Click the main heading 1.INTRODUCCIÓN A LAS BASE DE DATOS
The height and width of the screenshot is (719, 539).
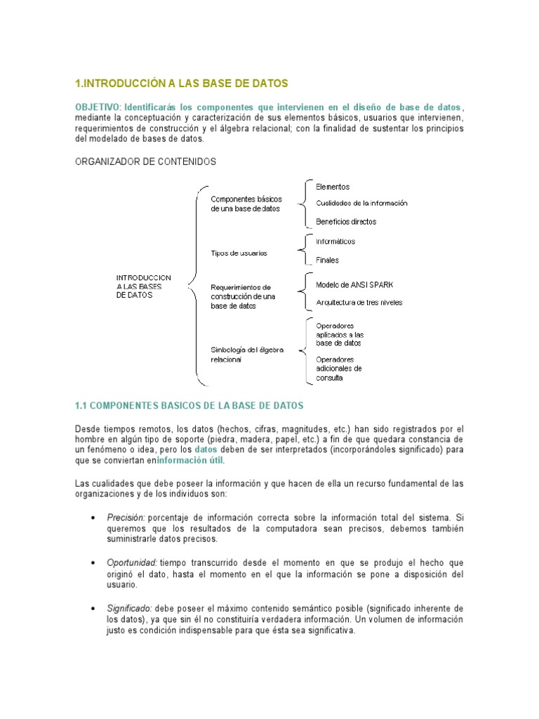(x=181, y=84)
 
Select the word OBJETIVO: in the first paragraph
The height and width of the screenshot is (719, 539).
(x=98, y=107)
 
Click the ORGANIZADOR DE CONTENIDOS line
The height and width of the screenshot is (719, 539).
(x=145, y=161)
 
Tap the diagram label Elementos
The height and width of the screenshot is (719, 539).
(x=333, y=187)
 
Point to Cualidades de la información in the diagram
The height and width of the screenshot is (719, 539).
(x=361, y=204)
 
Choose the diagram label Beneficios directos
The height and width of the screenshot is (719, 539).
(x=346, y=222)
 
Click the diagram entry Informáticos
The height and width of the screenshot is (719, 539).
(x=335, y=242)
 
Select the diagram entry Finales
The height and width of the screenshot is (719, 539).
(x=327, y=260)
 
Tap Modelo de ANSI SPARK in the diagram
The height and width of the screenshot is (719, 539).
(x=354, y=285)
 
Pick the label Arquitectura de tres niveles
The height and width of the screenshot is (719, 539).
(x=359, y=303)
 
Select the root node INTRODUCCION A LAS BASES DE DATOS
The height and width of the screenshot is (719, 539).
(x=143, y=286)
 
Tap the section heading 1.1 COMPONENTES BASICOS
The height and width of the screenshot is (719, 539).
(x=189, y=407)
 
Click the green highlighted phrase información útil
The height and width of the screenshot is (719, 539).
(x=191, y=461)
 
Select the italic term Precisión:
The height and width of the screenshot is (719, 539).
(x=126, y=518)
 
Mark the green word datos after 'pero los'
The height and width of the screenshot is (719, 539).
(x=206, y=449)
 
